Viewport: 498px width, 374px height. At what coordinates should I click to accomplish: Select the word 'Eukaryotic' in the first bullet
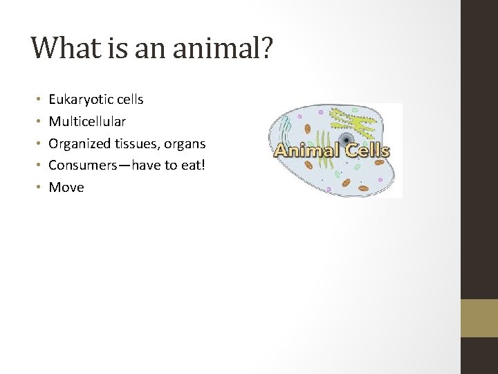pos(78,100)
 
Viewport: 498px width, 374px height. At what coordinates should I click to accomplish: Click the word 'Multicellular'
pos(87,122)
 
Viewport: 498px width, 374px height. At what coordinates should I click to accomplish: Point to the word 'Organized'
pos(79,144)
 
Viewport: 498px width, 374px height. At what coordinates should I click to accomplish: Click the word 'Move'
pos(66,188)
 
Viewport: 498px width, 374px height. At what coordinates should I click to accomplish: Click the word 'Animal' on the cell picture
pos(308,151)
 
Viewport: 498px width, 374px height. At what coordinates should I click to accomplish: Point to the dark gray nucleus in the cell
pos(343,139)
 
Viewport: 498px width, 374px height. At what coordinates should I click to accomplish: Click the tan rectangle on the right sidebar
pos(479,318)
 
